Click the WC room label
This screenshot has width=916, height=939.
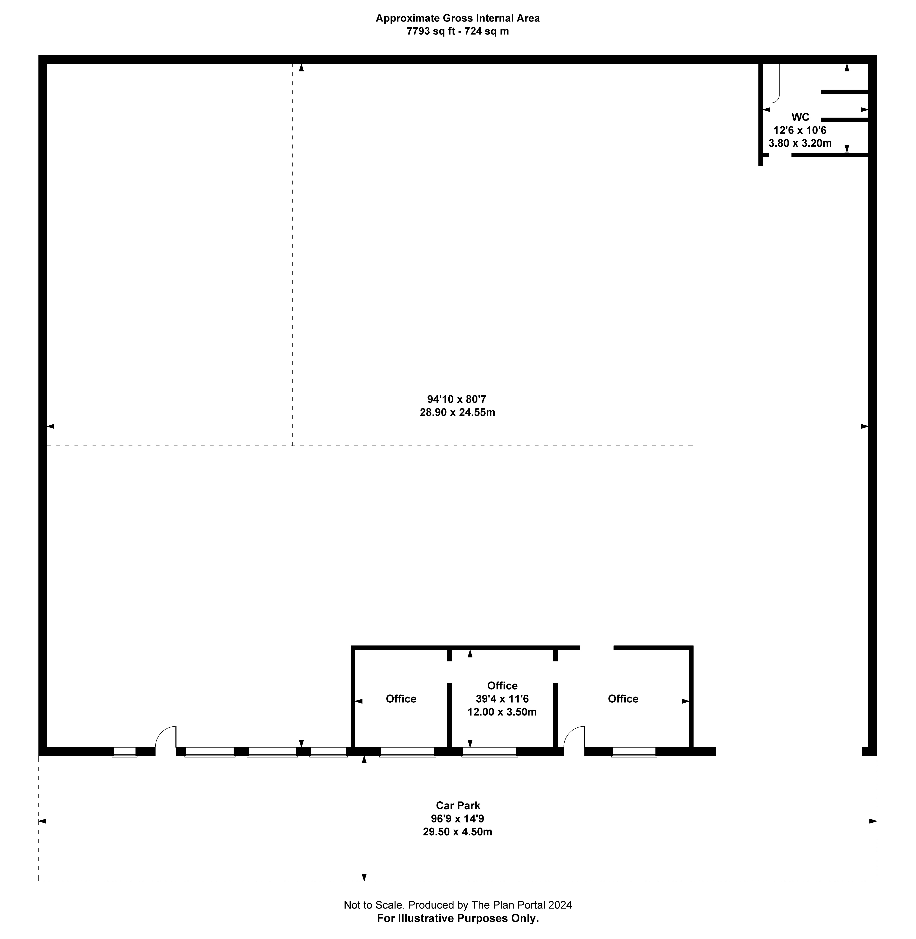point(800,117)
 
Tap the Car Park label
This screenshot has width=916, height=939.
point(458,805)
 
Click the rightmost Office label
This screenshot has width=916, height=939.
point(623,699)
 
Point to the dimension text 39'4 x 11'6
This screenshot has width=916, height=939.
point(502,699)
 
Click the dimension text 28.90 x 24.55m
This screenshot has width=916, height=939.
point(458,412)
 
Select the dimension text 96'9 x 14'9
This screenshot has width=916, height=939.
point(458,818)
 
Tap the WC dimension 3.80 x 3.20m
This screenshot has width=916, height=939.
point(800,143)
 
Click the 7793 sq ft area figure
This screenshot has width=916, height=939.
point(431,31)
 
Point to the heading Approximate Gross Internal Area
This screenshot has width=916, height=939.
point(458,18)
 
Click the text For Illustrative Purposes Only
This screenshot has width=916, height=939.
point(458,918)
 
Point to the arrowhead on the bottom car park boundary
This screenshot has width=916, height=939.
point(364,877)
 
